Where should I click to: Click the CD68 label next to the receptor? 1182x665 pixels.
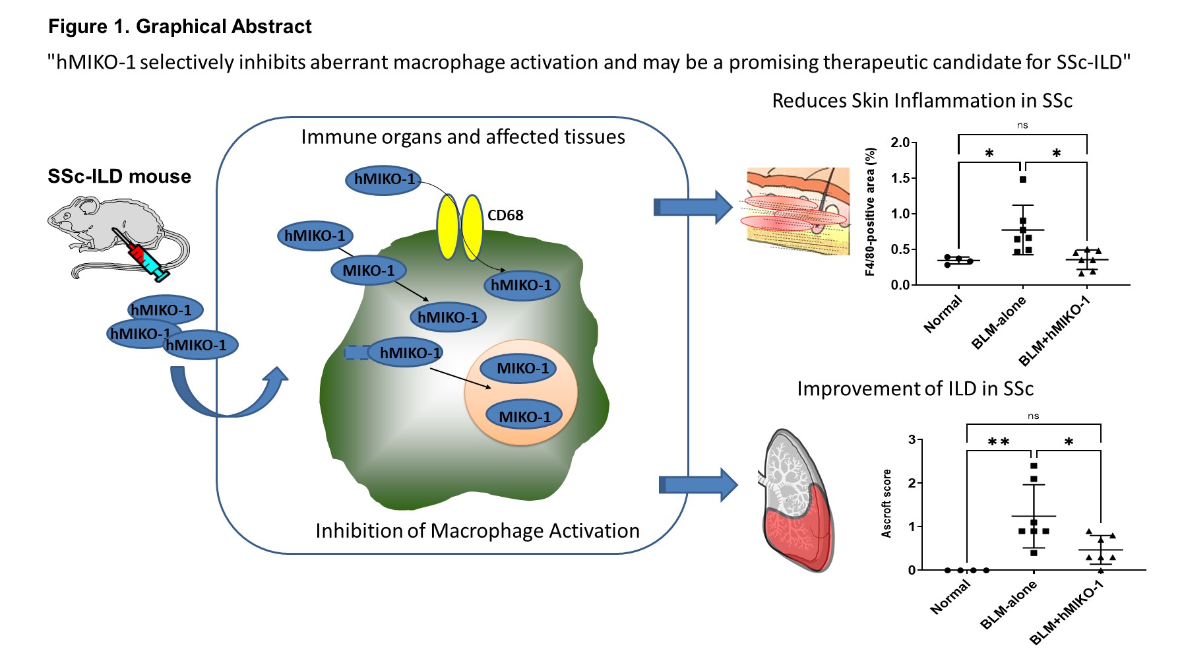[505, 216]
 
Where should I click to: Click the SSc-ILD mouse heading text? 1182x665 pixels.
[119, 177]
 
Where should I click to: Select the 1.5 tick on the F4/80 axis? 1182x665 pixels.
[900, 178]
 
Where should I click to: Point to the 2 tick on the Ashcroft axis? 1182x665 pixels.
[912, 483]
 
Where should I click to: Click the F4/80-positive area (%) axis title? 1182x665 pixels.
[871, 211]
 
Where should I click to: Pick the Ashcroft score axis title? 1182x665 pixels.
[886, 503]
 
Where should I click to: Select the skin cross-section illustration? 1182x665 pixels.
[797, 211]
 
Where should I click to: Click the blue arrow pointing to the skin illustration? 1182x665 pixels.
[693, 207]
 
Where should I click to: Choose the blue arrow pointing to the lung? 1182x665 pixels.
[698, 486]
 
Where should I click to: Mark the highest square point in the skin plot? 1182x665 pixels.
[1023, 179]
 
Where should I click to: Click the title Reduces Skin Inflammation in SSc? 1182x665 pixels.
[922, 101]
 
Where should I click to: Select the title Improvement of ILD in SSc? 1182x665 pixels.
[915, 389]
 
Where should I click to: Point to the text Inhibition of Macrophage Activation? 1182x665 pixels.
[478, 531]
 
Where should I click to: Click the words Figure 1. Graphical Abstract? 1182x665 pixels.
[180, 27]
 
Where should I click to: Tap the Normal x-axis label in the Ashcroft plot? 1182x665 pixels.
[950, 598]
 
